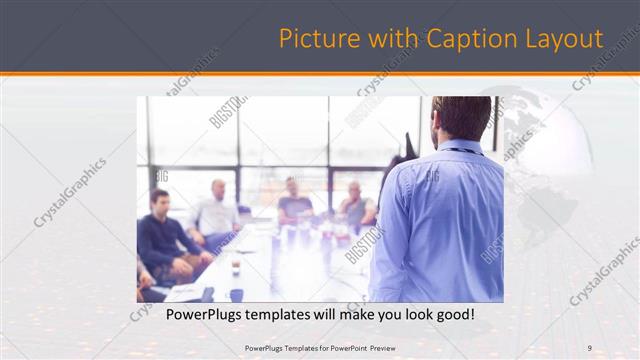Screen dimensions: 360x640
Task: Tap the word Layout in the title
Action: click(566, 39)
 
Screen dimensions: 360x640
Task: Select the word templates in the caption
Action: click(295, 315)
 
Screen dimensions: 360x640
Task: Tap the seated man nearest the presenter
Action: click(355, 205)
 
